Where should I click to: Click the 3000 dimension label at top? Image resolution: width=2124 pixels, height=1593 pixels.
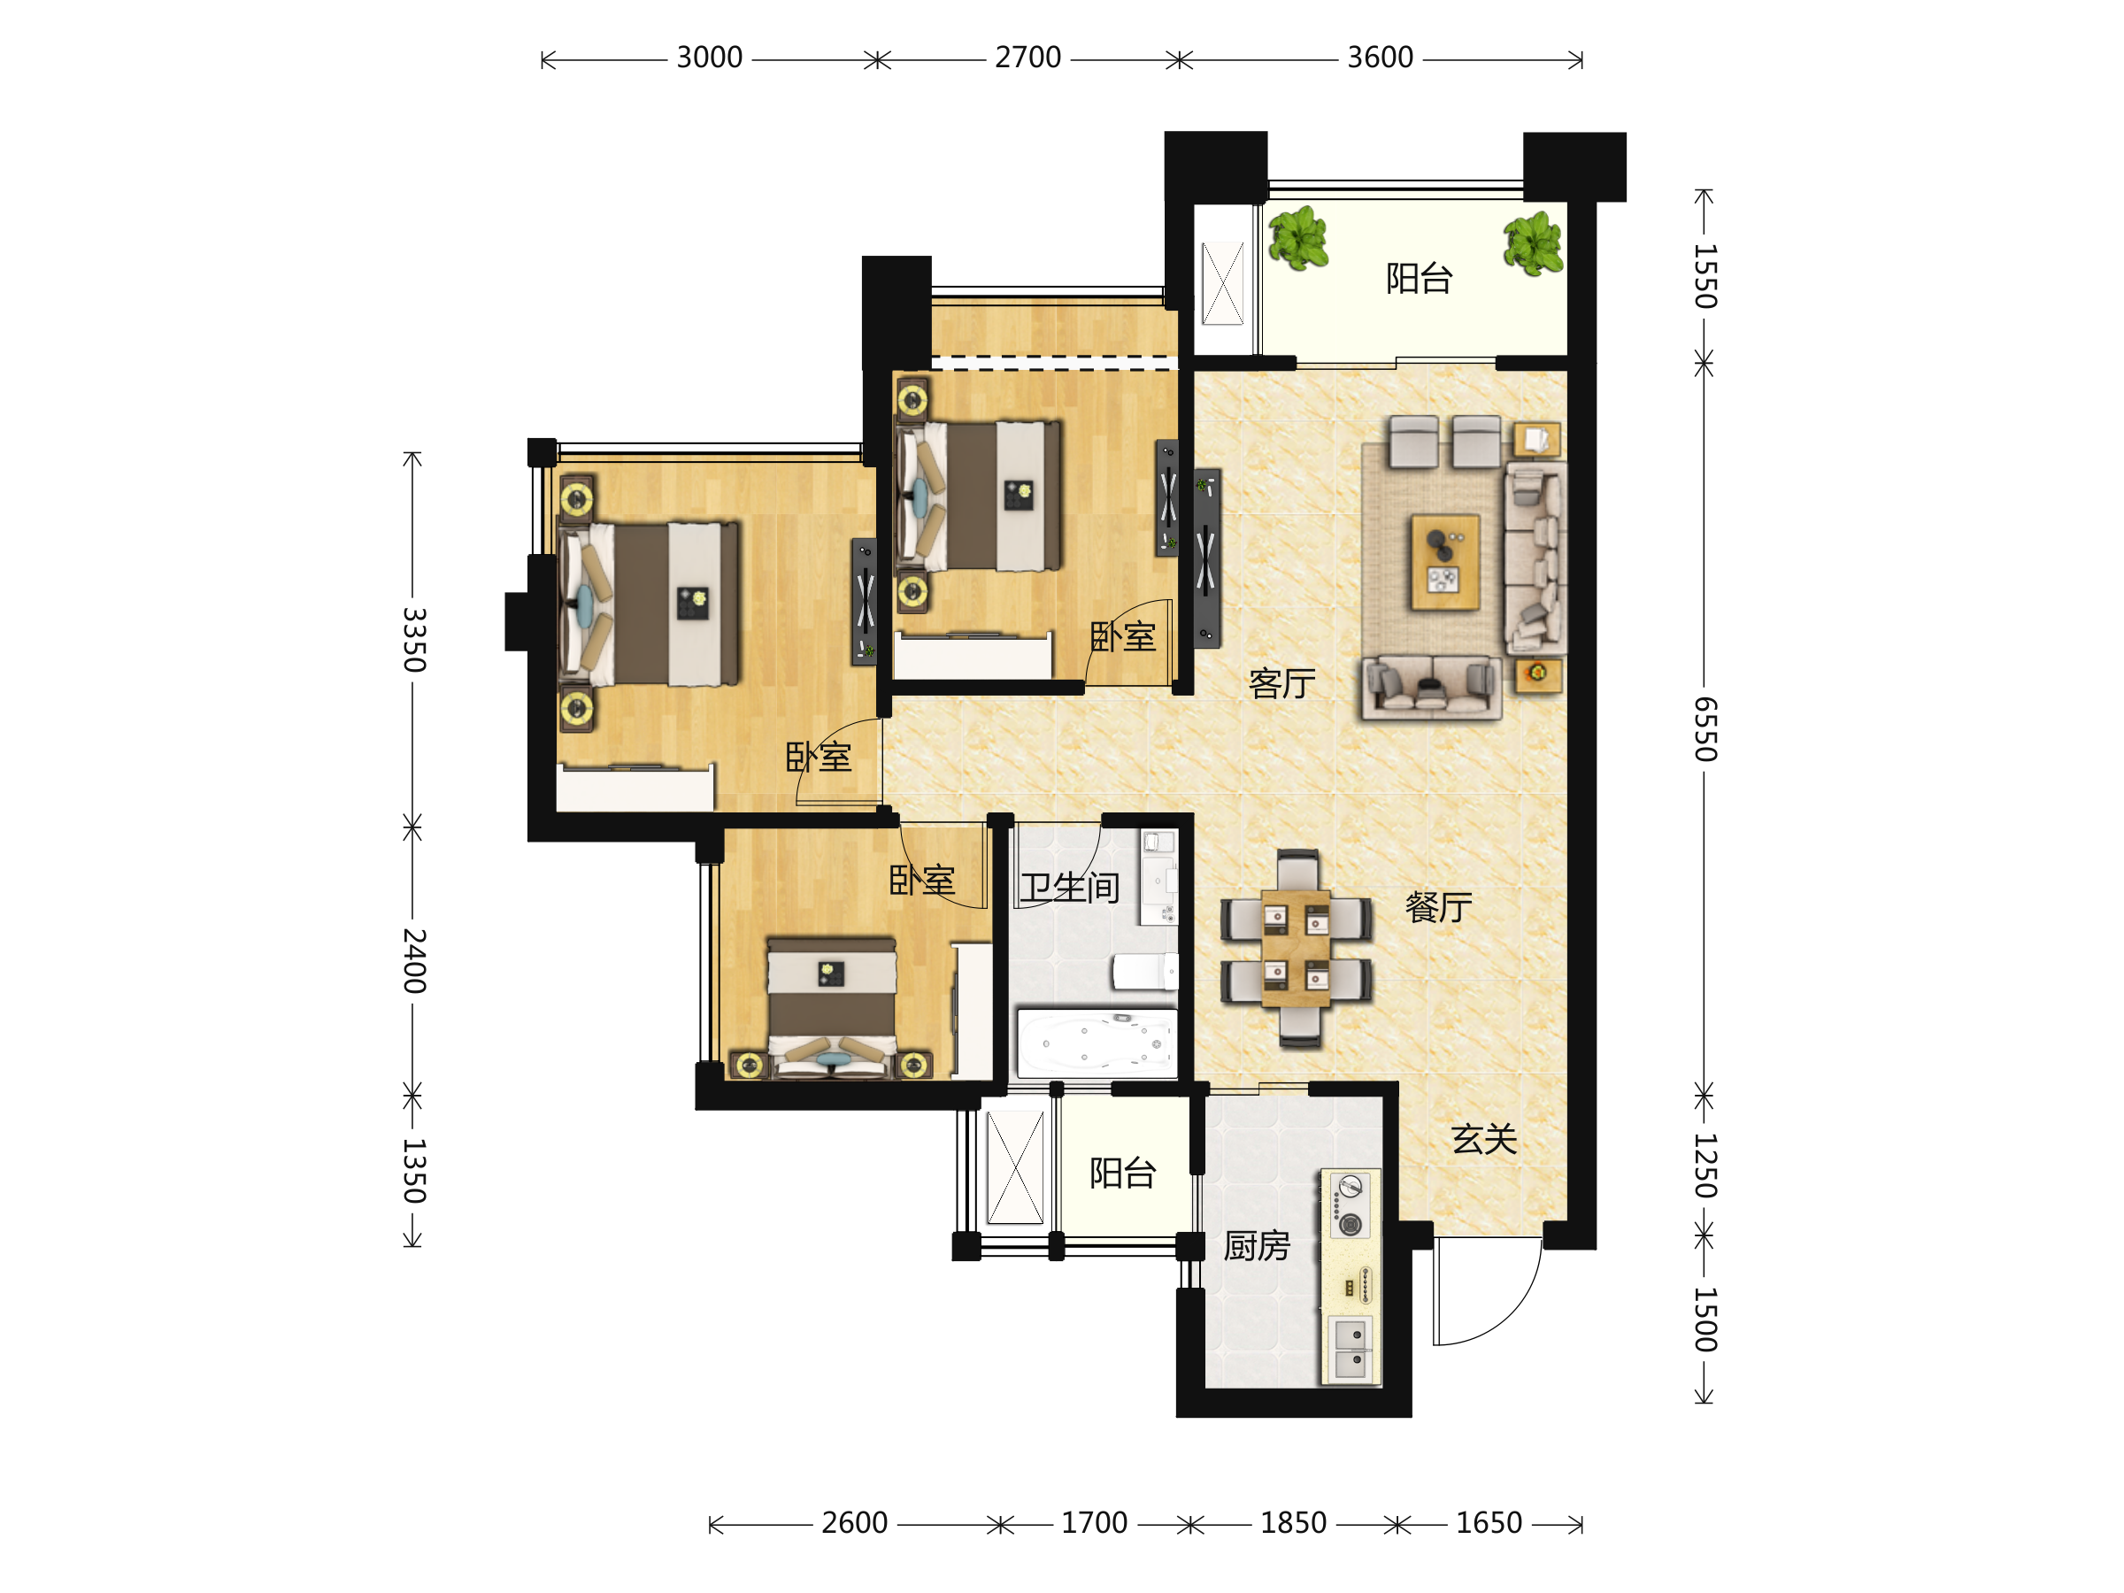(x=709, y=58)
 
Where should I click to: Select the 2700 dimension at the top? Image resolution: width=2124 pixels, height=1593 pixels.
(x=1027, y=58)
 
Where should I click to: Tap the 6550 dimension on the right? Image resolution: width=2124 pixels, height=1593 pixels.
(x=1705, y=729)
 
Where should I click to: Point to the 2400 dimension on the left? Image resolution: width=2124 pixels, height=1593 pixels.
(x=413, y=960)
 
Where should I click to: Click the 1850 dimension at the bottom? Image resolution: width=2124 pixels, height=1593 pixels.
(x=1293, y=1523)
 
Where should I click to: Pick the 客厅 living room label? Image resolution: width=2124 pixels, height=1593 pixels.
(x=1281, y=682)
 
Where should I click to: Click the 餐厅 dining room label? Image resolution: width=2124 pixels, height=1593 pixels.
(x=1438, y=906)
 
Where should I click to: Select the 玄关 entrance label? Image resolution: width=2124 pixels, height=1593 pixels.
(x=1484, y=1139)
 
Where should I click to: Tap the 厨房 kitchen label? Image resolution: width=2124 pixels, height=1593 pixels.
(x=1257, y=1246)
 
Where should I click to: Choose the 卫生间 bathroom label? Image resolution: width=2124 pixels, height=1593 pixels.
(x=1070, y=888)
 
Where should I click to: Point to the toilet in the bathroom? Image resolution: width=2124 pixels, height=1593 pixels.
(x=1144, y=971)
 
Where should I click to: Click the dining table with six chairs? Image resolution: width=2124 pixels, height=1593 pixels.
(x=1297, y=948)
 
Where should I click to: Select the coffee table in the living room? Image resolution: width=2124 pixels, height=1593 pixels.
(x=1445, y=562)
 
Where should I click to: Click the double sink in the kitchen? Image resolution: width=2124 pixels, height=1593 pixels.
(x=1351, y=1349)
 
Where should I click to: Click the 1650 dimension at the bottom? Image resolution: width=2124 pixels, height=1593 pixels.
(x=1489, y=1523)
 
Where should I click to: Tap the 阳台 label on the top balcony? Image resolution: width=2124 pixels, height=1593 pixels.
(x=1420, y=279)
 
